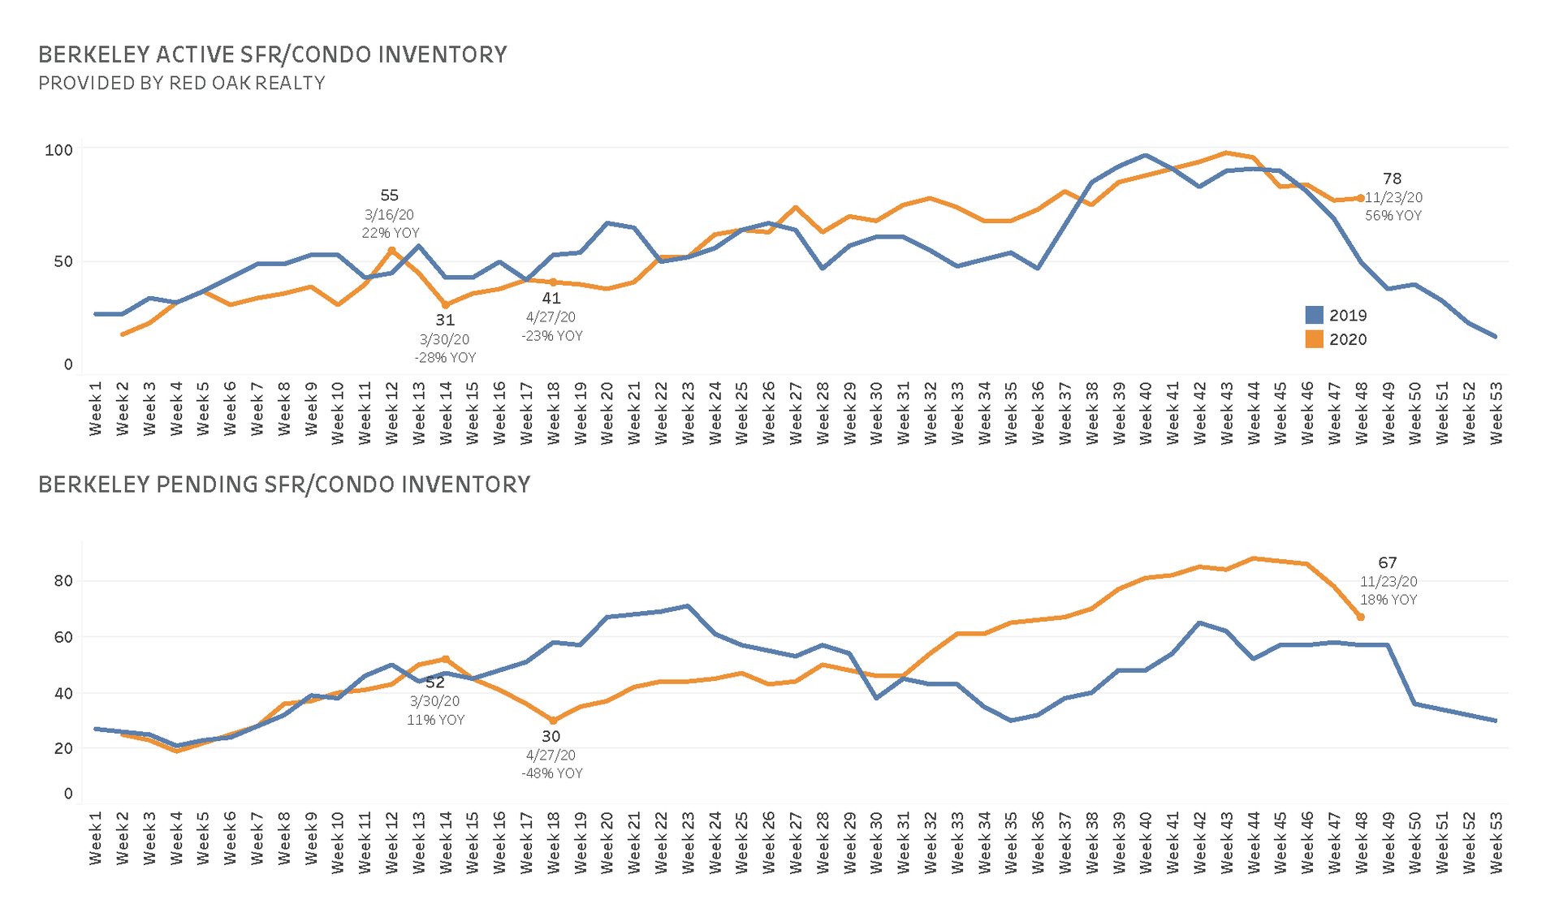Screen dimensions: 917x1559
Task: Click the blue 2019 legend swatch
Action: tap(1314, 316)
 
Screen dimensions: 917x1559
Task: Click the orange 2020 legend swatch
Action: tap(1314, 339)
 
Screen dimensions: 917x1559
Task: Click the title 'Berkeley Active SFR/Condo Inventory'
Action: tap(273, 54)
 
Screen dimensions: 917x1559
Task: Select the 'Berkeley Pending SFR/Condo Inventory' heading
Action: tap(284, 484)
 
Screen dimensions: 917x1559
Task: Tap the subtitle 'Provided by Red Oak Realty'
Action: tap(182, 83)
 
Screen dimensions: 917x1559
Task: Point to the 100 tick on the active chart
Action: tap(58, 150)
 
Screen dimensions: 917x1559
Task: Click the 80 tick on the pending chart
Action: tap(63, 580)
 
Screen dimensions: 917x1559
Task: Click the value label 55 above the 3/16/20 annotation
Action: tap(390, 196)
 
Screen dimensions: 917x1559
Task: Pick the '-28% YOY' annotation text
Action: tap(445, 357)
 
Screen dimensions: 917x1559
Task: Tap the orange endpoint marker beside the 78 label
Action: tap(1361, 198)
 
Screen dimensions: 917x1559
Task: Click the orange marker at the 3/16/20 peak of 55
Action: tap(391, 250)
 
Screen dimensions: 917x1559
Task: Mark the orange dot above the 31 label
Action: tap(446, 305)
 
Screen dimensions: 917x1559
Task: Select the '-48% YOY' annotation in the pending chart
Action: tap(552, 773)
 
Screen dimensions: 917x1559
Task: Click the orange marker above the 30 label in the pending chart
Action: tap(553, 721)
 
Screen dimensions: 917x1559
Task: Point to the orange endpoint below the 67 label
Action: tap(1361, 618)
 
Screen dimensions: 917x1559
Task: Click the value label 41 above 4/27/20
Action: tap(551, 299)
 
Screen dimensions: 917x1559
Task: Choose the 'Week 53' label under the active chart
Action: tap(1496, 413)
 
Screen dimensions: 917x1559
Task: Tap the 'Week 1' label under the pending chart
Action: tap(96, 838)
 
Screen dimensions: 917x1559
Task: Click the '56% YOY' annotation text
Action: tap(1393, 216)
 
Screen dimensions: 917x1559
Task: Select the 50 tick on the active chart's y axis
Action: tap(63, 261)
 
